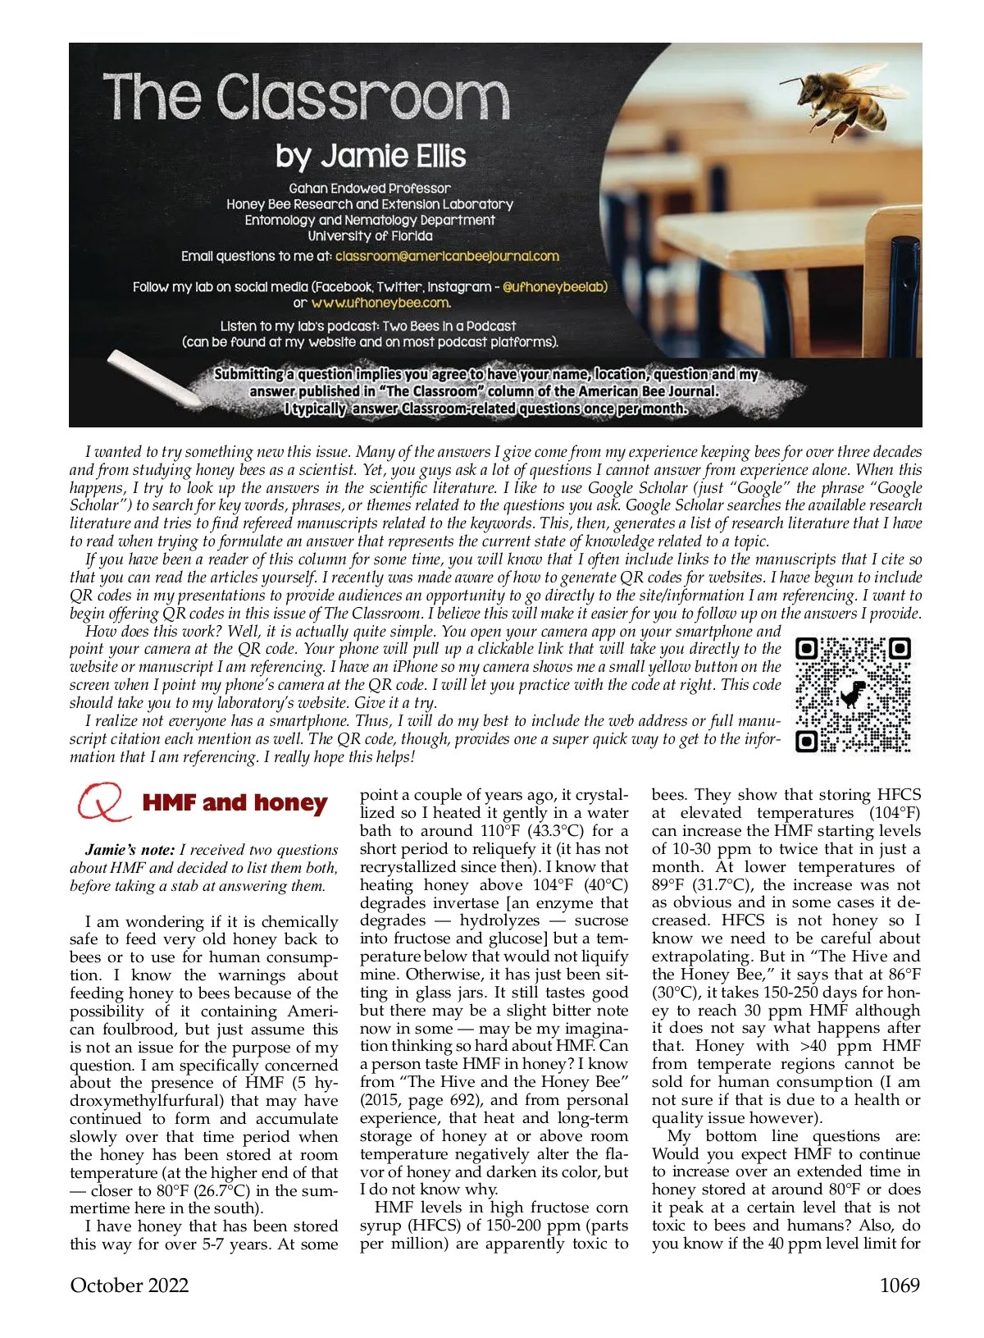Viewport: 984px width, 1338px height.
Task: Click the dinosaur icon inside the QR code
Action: pos(854,694)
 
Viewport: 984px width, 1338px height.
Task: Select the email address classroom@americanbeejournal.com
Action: pos(447,256)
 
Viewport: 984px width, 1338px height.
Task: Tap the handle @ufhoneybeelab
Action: pos(554,287)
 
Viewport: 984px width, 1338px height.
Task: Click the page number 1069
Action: pos(900,1285)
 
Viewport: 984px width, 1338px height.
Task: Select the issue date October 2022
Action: pos(130,1285)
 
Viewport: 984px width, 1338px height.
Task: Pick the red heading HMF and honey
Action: pos(235,802)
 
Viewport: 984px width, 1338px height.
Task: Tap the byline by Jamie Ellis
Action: pos(371,156)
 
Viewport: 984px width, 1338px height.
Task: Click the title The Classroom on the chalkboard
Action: pos(306,98)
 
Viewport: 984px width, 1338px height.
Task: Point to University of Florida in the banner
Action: pos(370,235)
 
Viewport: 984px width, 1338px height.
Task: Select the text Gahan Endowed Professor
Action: pos(370,188)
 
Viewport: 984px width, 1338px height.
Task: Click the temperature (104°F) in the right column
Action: pos(895,813)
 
